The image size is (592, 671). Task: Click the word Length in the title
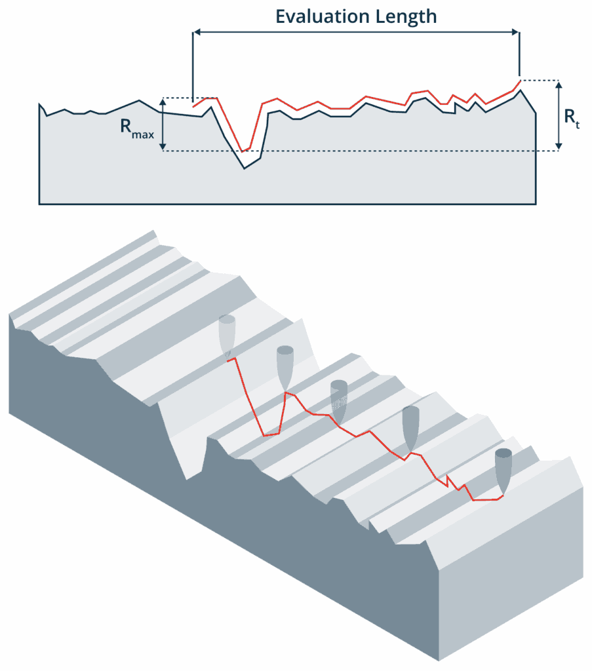pyautogui.click(x=406, y=16)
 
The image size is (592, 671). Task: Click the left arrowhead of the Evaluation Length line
pyautogui.click(x=197, y=31)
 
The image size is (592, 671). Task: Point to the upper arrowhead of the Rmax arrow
pyautogui.click(x=163, y=102)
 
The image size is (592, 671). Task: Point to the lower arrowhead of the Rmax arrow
pyautogui.click(x=163, y=147)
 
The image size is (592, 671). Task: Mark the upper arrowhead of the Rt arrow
pyautogui.click(x=558, y=85)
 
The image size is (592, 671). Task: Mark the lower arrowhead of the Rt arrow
pyautogui.click(x=558, y=147)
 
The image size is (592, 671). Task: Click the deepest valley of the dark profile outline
pyautogui.click(x=245, y=169)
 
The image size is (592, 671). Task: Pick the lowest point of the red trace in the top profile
pyautogui.click(x=243, y=151)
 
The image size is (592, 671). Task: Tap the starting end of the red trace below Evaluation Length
pyautogui.click(x=193, y=105)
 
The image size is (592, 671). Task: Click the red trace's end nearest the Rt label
pyautogui.click(x=519, y=81)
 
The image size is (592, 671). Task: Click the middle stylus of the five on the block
pyautogui.click(x=338, y=400)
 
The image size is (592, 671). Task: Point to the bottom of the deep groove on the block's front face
pyautogui.click(x=188, y=479)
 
